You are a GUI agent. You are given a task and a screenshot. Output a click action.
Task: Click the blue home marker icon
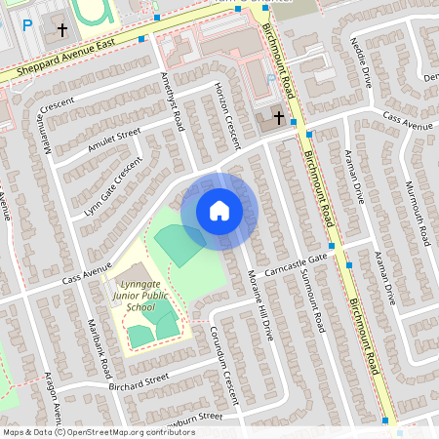click(219, 211)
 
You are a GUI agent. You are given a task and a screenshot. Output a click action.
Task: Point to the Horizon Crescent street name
click(226, 115)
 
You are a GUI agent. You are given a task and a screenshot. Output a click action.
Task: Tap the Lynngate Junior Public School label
click(140, 294)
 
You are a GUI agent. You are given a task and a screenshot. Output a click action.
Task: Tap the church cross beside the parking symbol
click(62, 30)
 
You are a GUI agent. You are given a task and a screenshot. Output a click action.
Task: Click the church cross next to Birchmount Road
click(277, 118)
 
